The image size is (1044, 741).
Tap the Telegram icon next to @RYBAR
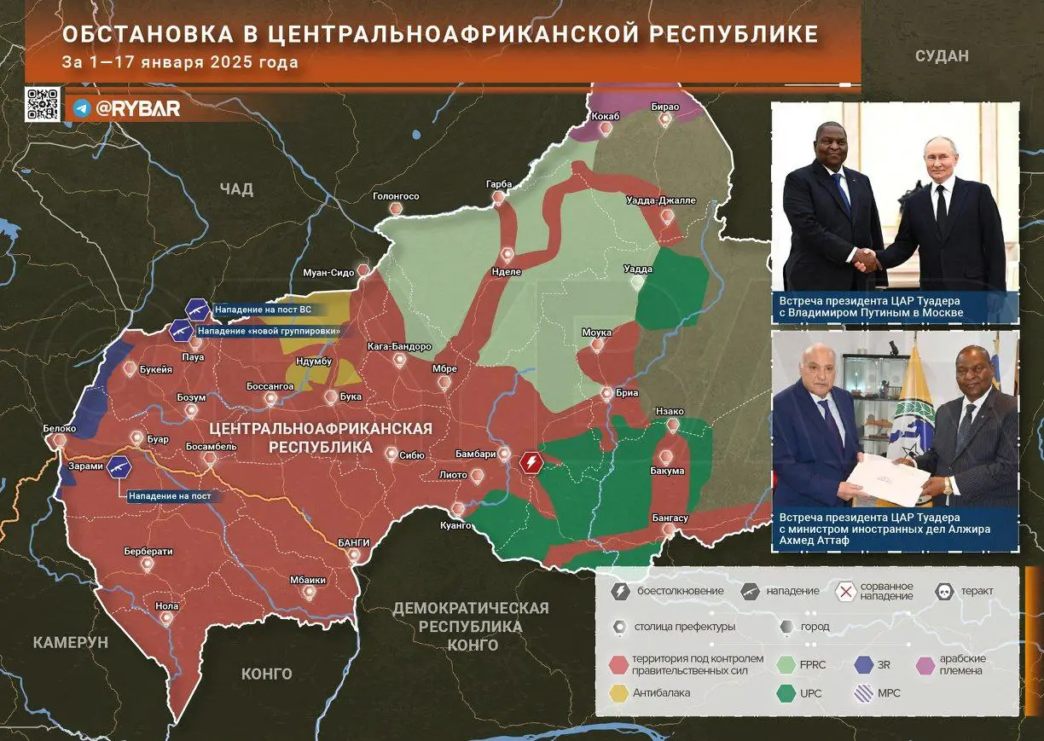(x=82, y=108)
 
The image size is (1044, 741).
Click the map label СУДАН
(x=942, y=56)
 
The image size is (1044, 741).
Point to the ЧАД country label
(x=236, y=189)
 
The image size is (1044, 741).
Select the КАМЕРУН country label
(x=71, y=642)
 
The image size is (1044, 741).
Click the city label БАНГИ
(x=354, y=542)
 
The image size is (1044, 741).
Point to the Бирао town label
(x=664, y=107)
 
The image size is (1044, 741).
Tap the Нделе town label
(x=507, y=272)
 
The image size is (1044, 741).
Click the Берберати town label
(x=148, y=551)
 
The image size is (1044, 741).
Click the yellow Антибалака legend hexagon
(x=618, y=692)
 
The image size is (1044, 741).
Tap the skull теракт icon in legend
(x=945, y=590)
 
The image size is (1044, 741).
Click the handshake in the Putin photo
(x=867, y=260)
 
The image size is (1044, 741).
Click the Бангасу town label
(x=670, y=518)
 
